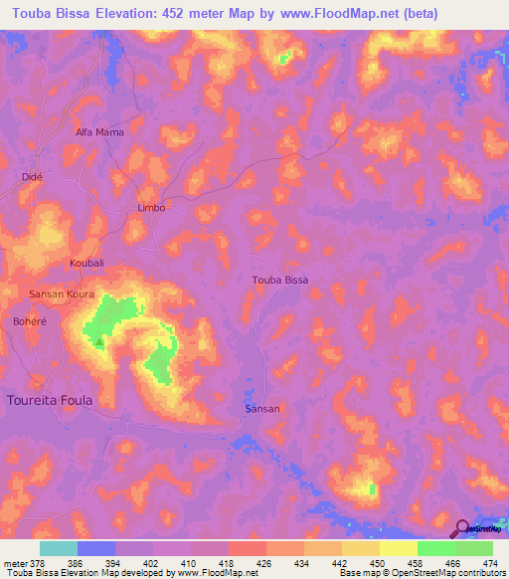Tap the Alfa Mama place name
100,131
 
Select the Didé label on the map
31,176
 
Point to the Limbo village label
150,208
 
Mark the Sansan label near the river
262,409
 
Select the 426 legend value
263,562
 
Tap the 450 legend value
377,562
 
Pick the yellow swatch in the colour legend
398,548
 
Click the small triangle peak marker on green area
99,341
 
